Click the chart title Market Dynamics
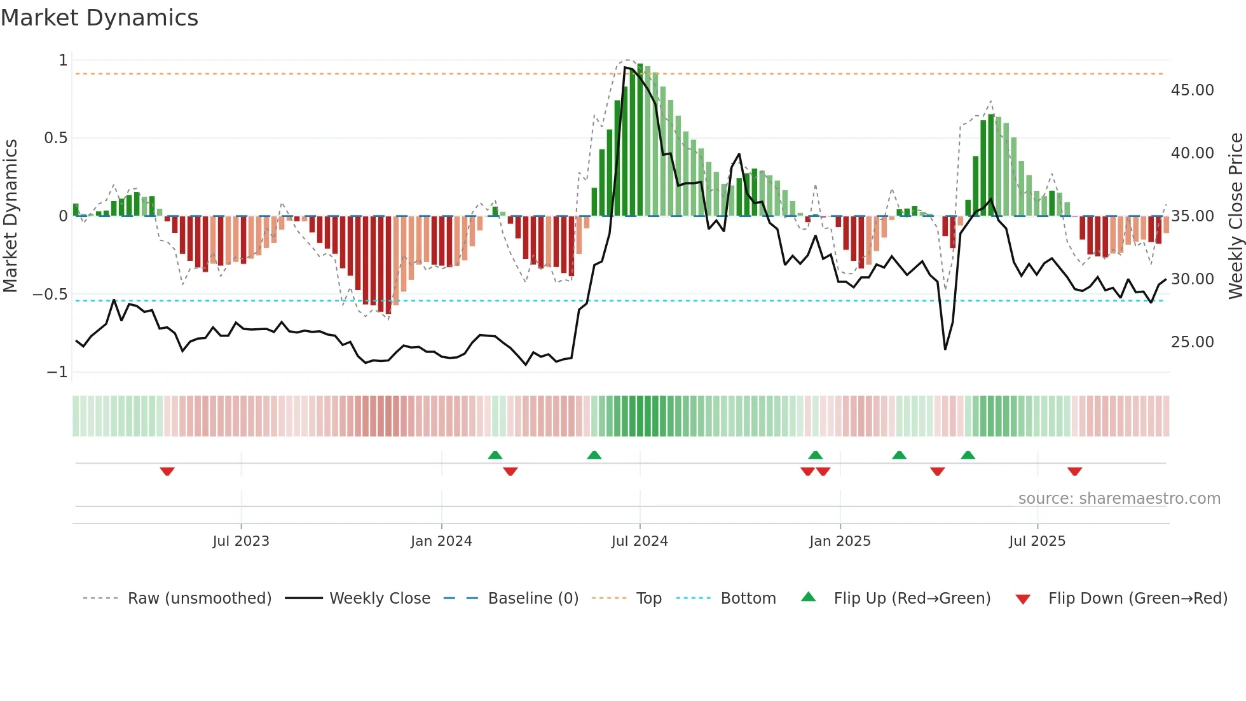tap(100, 18)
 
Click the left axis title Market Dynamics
tap(10, 216)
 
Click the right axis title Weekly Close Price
tap(1235, 216)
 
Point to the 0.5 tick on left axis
tap(55, 138)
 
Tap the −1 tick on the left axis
tap(57, 372)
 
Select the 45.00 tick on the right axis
tap(1192, 90)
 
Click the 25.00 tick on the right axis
tap(1192, 342)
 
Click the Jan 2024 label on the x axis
tap(441, 541)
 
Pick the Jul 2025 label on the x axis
tap(1037, 541)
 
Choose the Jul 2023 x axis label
tap(241, 541)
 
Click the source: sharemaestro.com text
tap(1119, 499)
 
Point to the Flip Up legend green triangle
tap(808, 597)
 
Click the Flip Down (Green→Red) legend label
tap(1137, 599)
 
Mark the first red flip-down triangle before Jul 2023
tap(167, 471)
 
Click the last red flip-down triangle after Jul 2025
tap(1074, 471)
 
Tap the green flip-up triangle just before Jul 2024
tap(594, 455)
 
